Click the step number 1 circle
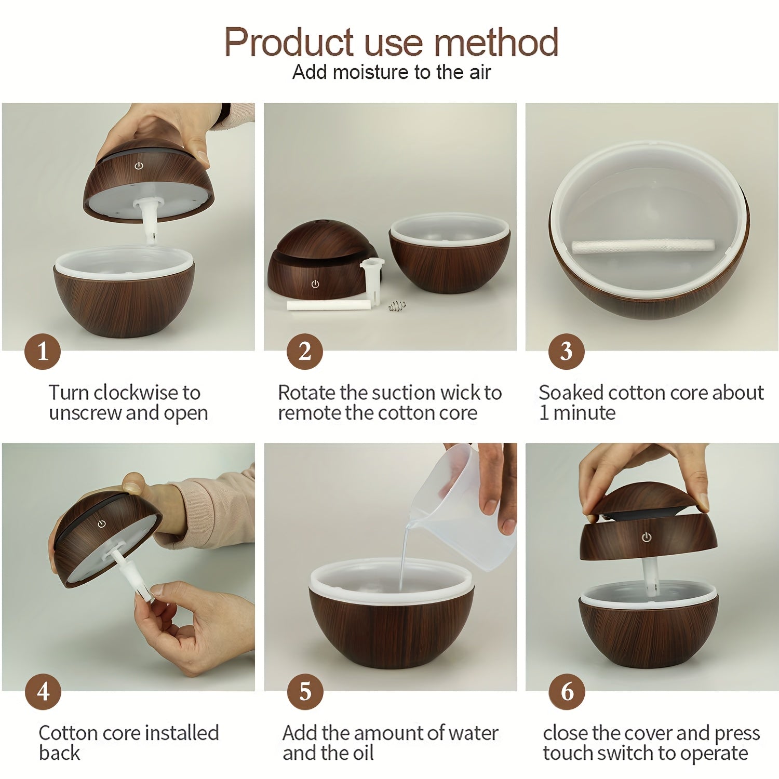tap(43, 352)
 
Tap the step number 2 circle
tap(305, 352)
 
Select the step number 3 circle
tap(567, 352)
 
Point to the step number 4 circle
tap(43, 692)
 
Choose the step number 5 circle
tap(305, 692)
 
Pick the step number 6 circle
tap(567, 692)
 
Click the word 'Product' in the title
tap(290, 43)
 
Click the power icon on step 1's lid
tap(139, 166)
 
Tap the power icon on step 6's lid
tap(646, 537)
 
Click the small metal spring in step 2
tap(396, 306)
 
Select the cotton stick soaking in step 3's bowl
tap(643, 246)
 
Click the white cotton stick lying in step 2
tap(329, 305)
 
